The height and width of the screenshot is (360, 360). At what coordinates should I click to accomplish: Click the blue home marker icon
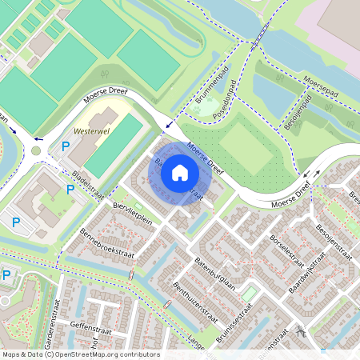click(180, 172)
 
